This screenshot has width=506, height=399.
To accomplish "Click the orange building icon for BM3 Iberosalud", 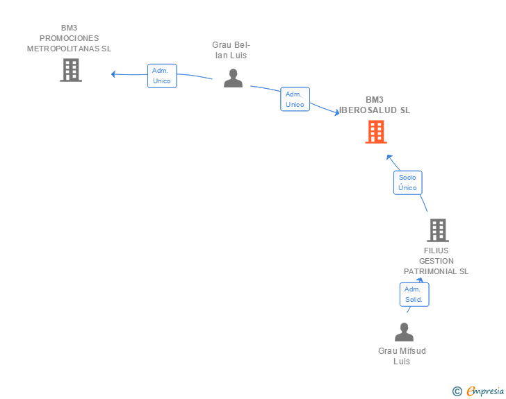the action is tap(376, 132).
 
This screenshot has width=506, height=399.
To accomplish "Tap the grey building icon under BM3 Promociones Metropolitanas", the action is tap(71, 70).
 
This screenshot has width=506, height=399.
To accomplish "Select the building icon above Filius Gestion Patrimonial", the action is tap(438, 230).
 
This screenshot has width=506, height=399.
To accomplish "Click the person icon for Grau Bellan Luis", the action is tap(233, 78).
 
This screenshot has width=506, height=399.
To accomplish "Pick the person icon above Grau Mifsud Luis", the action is tap(404, 332).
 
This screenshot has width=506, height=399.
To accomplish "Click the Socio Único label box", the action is tap(407, 182).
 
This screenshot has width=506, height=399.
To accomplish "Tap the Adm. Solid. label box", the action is tap(414, 294).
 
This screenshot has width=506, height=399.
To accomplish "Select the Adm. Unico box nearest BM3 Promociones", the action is tap(162, 76).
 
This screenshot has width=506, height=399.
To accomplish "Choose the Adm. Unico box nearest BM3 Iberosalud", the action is tap(295, 99).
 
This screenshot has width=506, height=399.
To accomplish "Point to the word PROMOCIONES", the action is tap(69, 38).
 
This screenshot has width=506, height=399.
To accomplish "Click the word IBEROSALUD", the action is tap(368, 110).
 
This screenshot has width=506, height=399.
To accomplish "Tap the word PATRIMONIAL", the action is tap(430, 271).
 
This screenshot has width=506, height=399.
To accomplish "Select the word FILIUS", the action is tap(436, 251).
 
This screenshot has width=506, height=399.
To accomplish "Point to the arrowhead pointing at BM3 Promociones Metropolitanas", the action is tap(113, 74).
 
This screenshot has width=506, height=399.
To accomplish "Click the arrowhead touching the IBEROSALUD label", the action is tap(337, 112).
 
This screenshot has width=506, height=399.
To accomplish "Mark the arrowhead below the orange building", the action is tap(389, 158).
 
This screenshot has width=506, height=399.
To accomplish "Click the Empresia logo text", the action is tap(485, 391).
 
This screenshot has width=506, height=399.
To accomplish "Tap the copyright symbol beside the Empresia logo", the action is tap(457, 391).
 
